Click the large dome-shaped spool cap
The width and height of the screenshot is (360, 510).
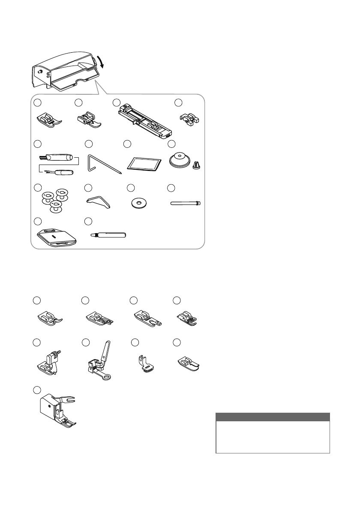[180, 160]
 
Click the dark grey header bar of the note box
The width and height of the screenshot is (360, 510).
[273, 417]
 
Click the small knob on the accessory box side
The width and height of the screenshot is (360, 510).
[40, 72]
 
